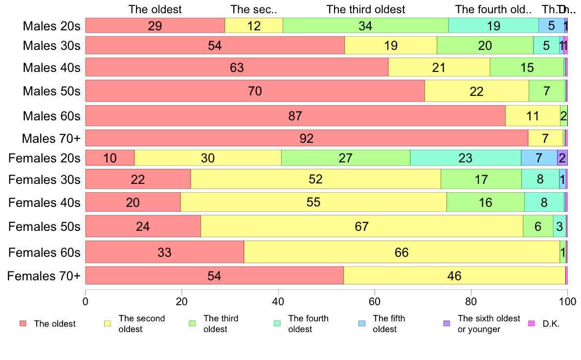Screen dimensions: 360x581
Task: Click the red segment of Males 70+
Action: coord(307,138)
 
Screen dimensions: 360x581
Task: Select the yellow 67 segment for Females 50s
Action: coord(361,226)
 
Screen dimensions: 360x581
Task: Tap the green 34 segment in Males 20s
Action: coord(365,25)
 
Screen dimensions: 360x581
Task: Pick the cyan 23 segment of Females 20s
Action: coord(465,158)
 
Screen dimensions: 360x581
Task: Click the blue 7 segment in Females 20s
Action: coord(539,158)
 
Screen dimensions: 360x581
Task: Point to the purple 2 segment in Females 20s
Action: coord(562,158)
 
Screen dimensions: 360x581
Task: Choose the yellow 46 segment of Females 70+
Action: coord(454,276)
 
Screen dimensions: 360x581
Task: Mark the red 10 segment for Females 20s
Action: coord(110,158)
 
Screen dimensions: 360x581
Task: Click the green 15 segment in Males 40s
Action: coord(527,67)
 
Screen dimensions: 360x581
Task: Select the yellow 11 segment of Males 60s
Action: coord(533,116)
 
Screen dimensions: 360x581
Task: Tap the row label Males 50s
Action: coord(51,91)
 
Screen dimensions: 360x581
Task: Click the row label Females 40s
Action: coord(45,202)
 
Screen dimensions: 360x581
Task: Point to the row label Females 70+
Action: coord(44,276)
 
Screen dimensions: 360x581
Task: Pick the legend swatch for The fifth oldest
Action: coord(362,324)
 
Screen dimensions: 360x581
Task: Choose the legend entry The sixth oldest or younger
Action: coord(489,324)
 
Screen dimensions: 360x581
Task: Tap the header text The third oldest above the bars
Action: coord(366,9)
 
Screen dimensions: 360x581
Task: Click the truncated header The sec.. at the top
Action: coord(254,9)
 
